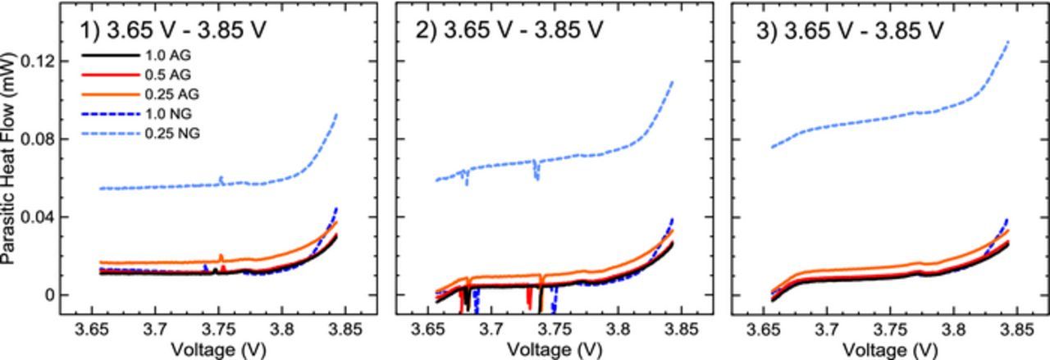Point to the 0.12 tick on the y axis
point(39,62)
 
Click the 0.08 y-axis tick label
point(39,139)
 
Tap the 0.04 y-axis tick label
point(39,217)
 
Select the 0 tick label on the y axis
point(49,295)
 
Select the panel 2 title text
point(509,30)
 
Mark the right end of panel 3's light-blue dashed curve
point(1008,41)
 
